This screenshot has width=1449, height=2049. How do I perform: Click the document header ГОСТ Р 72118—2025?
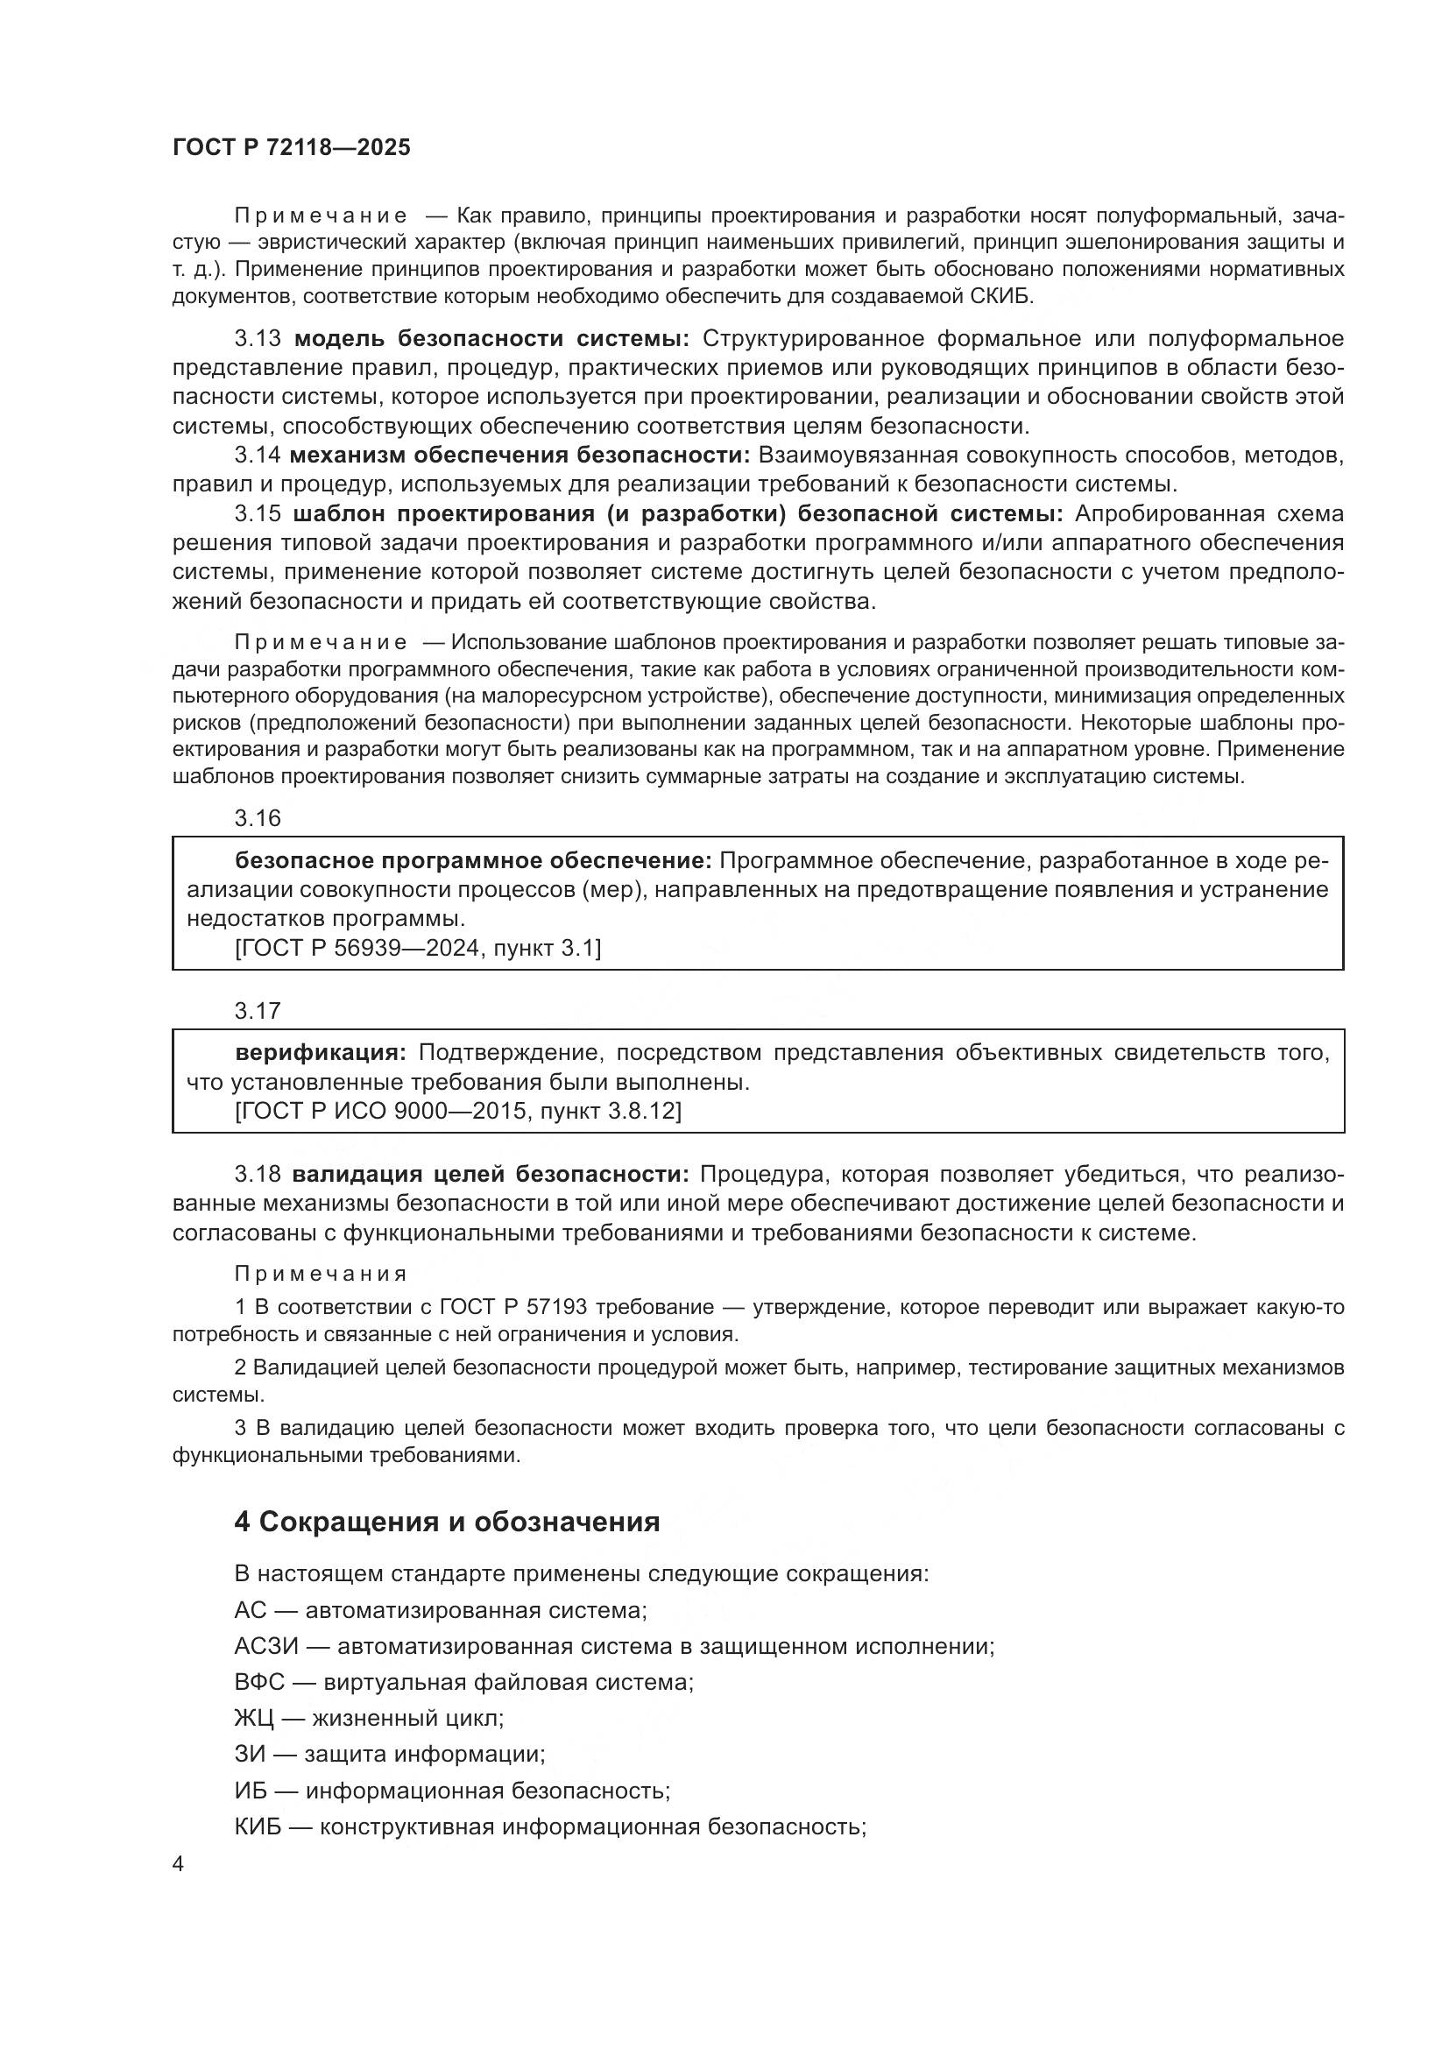pyautogui.click(x=292, y=148)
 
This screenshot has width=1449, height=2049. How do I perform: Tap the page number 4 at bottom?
pyautogui.click(x=179, y=1864)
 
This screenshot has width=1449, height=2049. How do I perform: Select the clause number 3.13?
pyautogui.click(x=258, y=339)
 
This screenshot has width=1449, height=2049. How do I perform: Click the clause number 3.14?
pyautogui.click(x=258, y=456)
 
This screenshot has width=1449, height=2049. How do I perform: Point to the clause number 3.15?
pyautogui.click(x=258, y=514)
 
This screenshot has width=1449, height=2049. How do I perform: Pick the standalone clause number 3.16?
pyautogui.click(x=258, y=818)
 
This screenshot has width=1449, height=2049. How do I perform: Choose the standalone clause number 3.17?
pyautogui.click(x=258, y=1011)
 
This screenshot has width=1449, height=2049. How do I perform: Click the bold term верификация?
pyautogui.click(x=321, y=1053)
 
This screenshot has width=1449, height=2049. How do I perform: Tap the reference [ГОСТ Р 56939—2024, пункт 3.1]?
pyautogui.click(x=419, y=949)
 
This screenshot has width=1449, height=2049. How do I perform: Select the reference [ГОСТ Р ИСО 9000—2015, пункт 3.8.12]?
pyautogui.click(x=457, y=1111)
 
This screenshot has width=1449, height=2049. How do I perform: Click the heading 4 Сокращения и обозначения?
pyautogui.click(x=447, y=1523)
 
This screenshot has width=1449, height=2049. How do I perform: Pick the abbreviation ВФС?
pyautogui.click(x=259, y=1682)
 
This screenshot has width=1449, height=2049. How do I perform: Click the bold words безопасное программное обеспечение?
pyautogui.click(x=473, y=860)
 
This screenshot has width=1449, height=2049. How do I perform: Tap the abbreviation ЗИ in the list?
pyautogui.click(x=250, y=1755)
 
